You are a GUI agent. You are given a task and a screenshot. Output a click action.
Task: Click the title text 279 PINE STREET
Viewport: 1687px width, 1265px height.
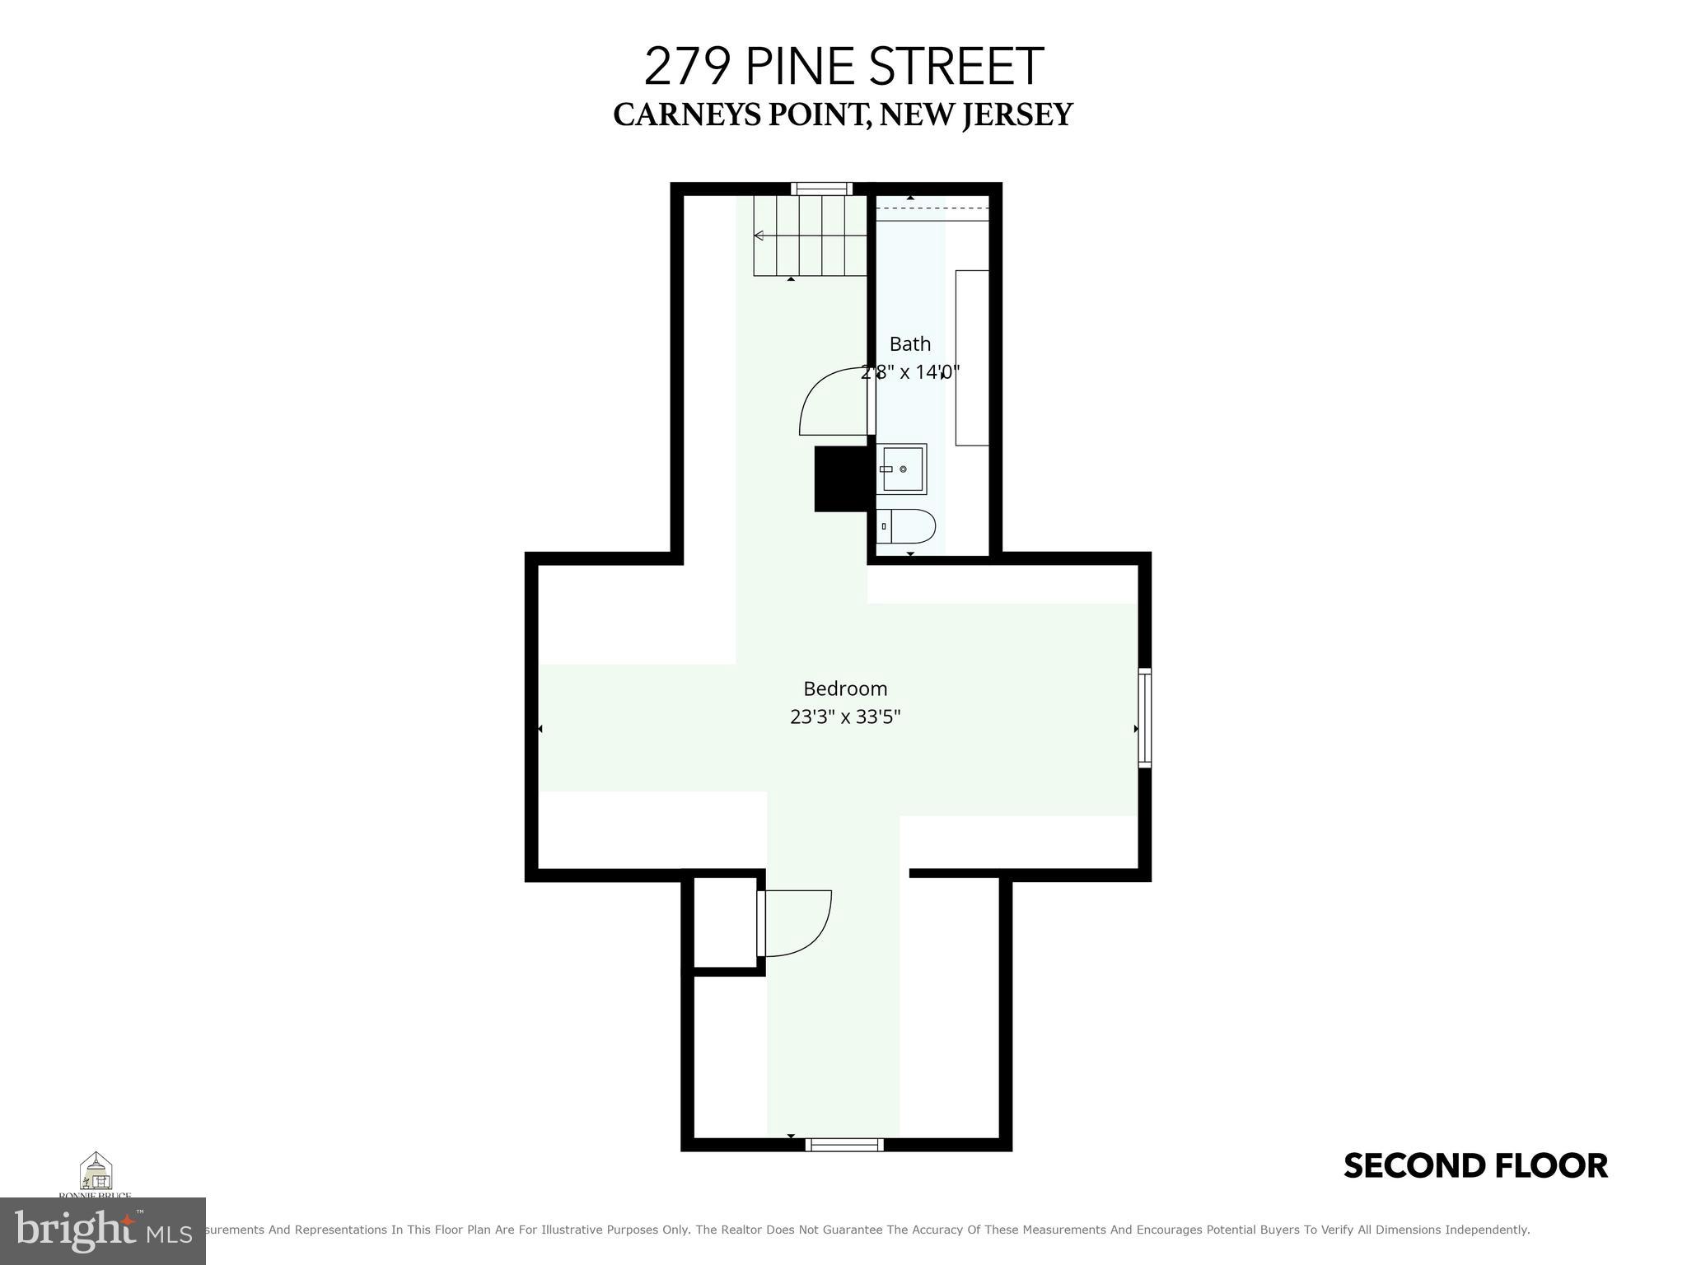(x=843, y=67)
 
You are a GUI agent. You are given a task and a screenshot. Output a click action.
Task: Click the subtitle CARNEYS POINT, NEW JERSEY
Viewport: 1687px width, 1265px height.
(x=843, y=115)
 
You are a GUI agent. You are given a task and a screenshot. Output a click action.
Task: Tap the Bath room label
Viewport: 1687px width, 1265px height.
(x=909, y=344)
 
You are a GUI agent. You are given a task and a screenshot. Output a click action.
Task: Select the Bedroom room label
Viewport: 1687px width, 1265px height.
(x=845, y=689)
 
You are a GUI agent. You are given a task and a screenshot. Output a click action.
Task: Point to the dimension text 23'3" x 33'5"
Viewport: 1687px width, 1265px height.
(x=845, y=717)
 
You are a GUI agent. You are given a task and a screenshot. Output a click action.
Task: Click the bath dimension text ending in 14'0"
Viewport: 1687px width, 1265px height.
(x=910, y=372)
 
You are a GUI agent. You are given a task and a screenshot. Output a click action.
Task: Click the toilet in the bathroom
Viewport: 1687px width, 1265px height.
(x=906, y=526)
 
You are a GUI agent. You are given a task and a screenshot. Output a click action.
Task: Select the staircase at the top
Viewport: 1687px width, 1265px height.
(x=811, y=236)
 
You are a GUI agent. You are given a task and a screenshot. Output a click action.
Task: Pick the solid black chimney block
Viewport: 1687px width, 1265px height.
(x=841, y=478)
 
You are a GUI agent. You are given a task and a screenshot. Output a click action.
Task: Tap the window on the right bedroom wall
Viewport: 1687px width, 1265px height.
(x=1144, y=718)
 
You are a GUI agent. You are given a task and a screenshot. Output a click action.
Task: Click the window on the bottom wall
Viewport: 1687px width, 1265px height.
(x=844, y=1144)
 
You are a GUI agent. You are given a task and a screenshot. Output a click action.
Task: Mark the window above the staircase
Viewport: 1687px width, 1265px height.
(x=821, y=189)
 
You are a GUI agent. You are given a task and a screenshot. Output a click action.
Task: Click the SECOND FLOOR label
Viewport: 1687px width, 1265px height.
(x=1475, y=1166)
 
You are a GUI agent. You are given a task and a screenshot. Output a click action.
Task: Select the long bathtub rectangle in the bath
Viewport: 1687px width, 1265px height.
(x=972, y=357)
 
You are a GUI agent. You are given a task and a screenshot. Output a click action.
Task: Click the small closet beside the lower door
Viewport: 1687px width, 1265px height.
(x=725, y=922)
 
